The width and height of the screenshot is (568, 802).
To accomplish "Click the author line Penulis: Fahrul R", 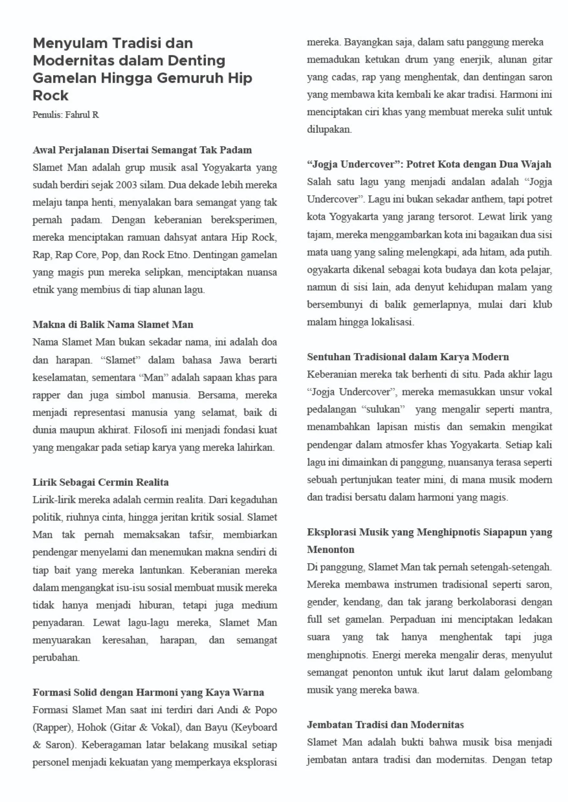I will pyautogui.click(x=66, y=115).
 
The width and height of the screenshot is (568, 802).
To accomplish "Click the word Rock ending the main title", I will pyautogui.click(x=50, y=95).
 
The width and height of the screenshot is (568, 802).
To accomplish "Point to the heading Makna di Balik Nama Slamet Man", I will pyautogui.click(x=113, y=325).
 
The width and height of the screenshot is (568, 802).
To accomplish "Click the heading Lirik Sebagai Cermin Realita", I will pyautogui.click(x=101, y=482).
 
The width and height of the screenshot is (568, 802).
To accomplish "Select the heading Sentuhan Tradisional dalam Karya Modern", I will pyautogui.click(x=408, y=357).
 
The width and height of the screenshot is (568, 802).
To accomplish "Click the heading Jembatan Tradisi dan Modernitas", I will pyautogui.click(x=386, y=724).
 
